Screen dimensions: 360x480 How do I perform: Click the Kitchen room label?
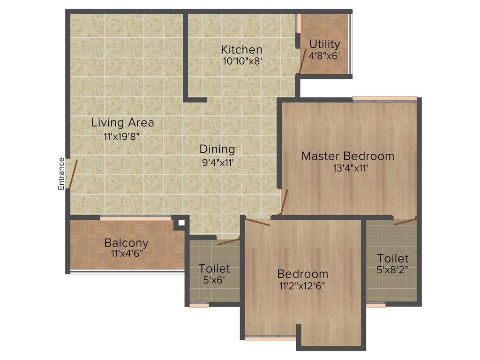tap(241, 49)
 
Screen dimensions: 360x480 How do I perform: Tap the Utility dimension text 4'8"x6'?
tap(324, 55)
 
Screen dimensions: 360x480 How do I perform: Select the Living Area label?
tap(123, 123)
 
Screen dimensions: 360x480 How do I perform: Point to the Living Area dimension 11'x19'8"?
tap(122, 137)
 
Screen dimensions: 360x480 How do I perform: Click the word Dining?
tap(217, 149)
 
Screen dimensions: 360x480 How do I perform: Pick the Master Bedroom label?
tap(347, 156)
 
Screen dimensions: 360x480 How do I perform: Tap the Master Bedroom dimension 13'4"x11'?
tap(347, 168)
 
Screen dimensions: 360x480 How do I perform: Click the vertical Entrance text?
tap(61, 173)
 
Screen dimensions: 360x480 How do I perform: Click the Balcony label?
tap(126, 243)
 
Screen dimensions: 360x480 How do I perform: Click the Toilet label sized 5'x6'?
tap(214, 269)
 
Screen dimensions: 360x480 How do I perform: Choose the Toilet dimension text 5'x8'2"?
tap(393, 270)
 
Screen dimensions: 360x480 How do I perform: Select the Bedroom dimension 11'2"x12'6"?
tap(302, 285)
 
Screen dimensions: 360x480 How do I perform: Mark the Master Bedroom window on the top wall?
tap(384, 99)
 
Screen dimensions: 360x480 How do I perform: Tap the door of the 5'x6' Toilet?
tap(228, 242)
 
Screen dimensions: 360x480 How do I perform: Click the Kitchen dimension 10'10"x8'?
tap(241, 60)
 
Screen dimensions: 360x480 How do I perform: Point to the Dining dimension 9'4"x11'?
tap(217, 163)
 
